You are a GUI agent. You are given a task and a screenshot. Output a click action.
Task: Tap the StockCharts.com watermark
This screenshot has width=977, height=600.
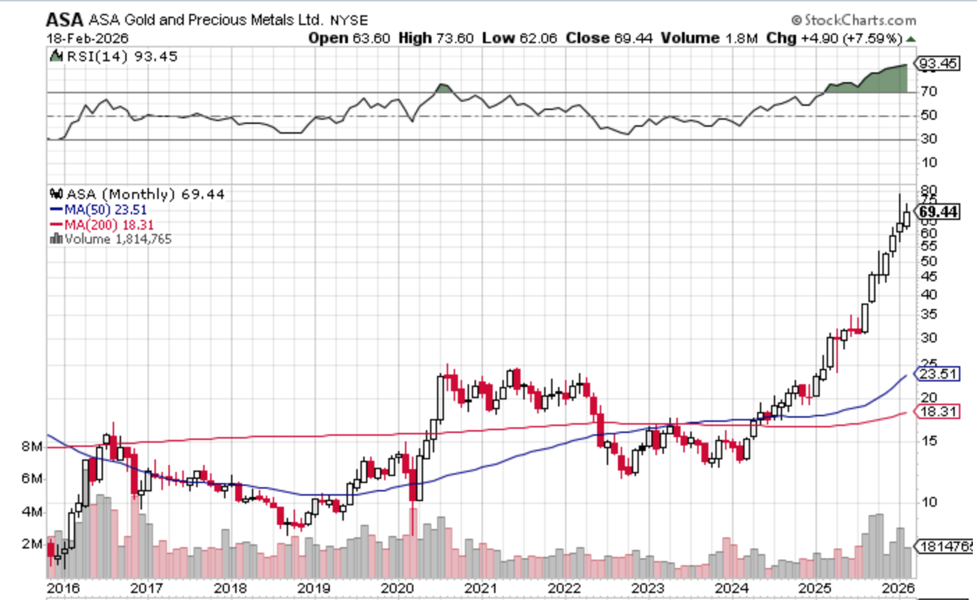[853, 20]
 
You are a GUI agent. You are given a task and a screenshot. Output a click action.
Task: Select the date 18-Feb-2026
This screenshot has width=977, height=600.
[88, 38]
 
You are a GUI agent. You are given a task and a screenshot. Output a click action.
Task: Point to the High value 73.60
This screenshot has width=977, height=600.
[455, 38]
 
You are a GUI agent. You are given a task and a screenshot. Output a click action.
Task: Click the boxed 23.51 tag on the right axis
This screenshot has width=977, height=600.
[939, 374]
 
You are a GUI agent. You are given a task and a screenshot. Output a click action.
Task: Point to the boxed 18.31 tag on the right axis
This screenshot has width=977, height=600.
[939, 412]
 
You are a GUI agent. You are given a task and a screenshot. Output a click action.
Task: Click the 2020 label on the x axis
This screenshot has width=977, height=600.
[397, 588]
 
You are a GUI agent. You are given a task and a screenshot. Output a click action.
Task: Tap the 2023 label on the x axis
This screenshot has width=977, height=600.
[648, 588]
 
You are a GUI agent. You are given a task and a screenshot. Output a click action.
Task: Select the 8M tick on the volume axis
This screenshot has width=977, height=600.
[31, 446]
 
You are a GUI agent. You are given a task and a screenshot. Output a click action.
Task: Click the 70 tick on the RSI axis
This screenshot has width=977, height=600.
[929, 91]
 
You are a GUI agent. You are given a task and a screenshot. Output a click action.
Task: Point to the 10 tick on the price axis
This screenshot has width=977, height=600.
[929, 502]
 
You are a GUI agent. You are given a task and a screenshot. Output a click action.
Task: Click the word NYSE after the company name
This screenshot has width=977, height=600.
[349, 20]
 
